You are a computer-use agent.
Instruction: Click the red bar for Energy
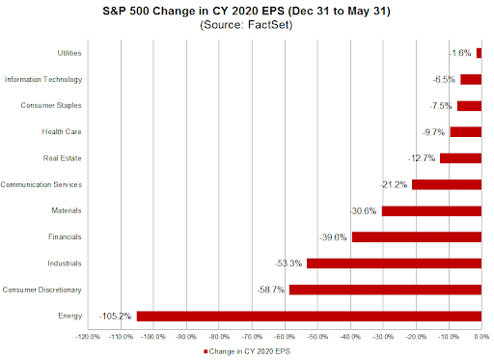[x=309, y=316]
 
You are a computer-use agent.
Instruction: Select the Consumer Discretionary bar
[x=385, y=289]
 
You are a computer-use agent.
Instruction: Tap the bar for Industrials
[x=394, y=263]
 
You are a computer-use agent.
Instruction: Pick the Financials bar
[x=416, y=236]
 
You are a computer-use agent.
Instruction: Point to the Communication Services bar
[x=446, y=184]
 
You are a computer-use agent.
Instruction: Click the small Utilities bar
[x=478, y=53]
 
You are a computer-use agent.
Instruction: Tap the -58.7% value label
[x=271, y=289]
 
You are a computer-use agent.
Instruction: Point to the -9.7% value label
[x=434, y=131]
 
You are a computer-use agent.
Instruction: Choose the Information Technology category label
[x=57, y=79]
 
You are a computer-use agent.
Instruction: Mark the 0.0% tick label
[x=480, y=337]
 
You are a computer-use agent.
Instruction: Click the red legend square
[x=206, y=352]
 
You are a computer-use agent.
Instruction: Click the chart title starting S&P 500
[x=248, y=10]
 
